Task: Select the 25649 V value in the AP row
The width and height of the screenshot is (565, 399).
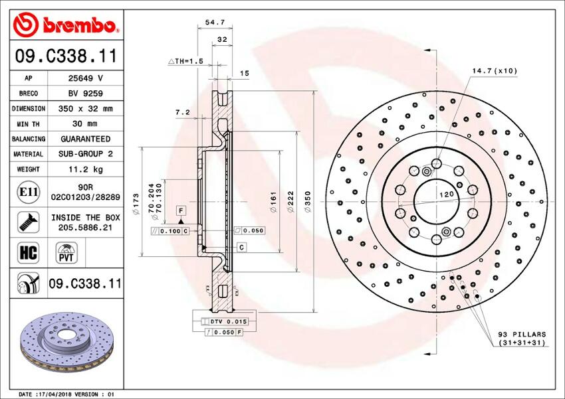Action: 85,77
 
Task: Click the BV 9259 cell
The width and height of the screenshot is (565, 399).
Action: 85,93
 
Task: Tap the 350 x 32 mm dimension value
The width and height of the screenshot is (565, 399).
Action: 85,108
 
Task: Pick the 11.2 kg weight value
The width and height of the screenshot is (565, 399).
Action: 85,169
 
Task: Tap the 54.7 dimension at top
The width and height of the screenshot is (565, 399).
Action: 215,22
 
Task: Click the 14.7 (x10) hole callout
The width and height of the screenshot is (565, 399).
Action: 494,70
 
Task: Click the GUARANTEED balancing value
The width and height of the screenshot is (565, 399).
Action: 85,139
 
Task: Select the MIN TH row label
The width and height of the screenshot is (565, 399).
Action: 29,123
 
